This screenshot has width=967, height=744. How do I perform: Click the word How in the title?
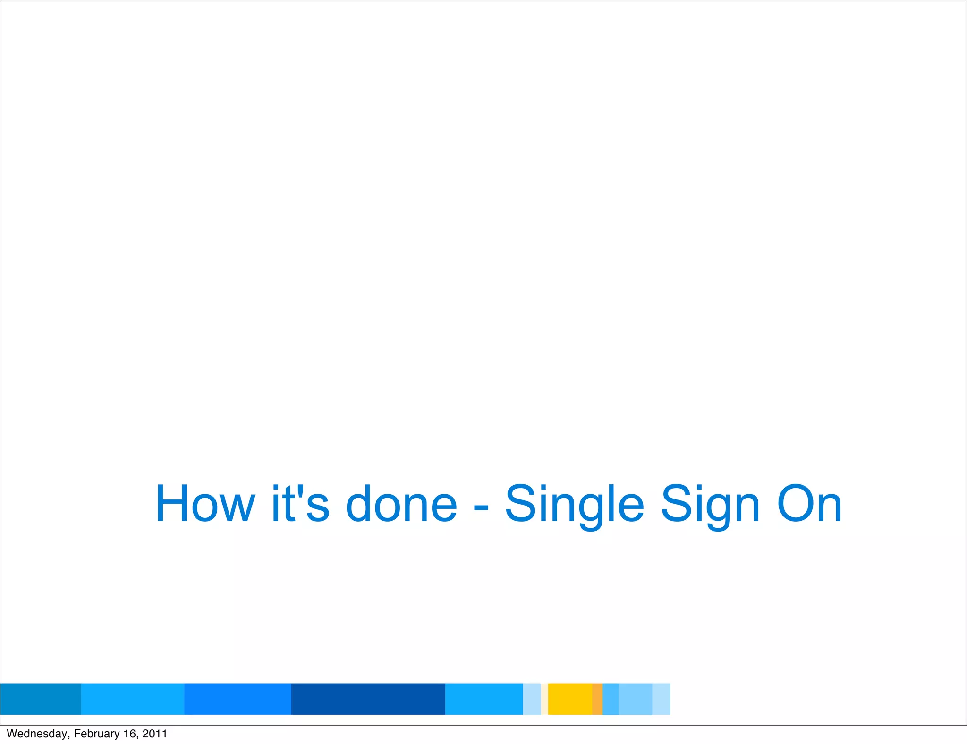point(205,504)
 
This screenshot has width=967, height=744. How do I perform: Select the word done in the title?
point(401,504)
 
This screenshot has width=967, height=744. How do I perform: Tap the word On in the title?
point(809,504)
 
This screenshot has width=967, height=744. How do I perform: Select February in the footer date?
point(97,734)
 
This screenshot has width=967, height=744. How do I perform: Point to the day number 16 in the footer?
point(130,734)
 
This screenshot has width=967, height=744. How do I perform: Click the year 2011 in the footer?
point(155,734)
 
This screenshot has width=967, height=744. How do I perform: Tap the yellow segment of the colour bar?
point(570,699)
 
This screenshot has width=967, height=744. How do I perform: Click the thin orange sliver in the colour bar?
point(597,699)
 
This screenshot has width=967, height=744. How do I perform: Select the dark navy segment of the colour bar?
point(368,699)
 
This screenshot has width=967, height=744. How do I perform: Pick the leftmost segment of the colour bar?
point(41,699)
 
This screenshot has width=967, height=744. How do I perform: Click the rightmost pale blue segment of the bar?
point(661,699)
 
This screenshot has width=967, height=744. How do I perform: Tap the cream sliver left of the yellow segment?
point(544,699)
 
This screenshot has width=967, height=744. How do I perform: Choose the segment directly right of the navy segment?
point(484,699)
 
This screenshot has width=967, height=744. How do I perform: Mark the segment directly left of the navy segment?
point(238,699)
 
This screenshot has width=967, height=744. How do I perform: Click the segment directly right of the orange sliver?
point(611,699)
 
